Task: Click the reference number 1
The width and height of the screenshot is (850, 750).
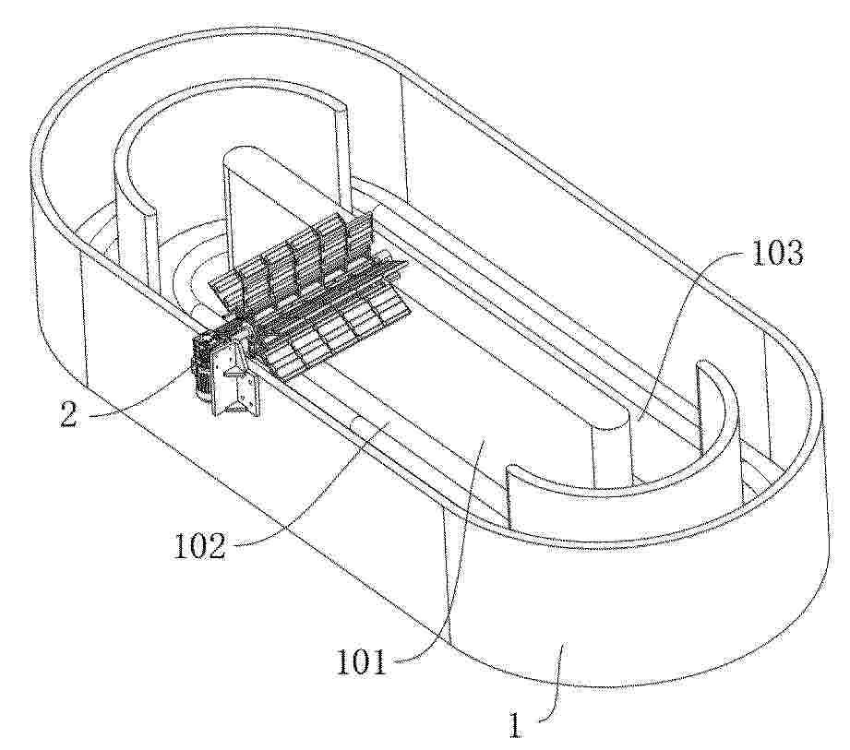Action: pos(515,725)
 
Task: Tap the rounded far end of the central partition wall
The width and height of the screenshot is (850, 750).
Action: pos(242,159)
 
